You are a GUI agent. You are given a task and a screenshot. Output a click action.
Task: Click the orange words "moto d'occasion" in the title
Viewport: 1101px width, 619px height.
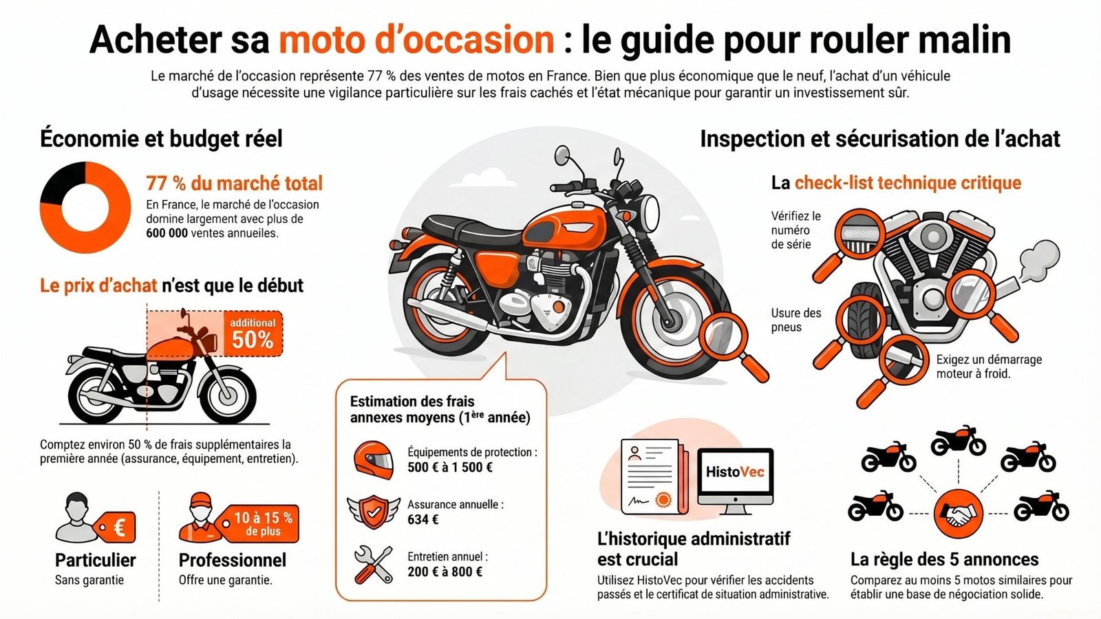pyautogui.click(x=416, y=40)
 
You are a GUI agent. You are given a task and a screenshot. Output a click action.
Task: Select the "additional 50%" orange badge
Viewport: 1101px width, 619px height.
pyautogui.click(x=253, y=334)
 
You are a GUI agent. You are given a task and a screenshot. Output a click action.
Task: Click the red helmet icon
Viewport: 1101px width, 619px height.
pyautogui.click(x=374, y=459)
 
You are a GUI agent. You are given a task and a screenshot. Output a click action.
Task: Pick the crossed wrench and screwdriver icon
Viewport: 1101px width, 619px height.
pyautogui.click(x=373, y=565)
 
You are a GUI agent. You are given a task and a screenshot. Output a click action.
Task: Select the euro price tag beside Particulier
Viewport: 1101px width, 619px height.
pyautogui.click(x=116, y=528)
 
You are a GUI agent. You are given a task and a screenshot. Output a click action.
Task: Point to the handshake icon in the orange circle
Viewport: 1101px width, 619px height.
pyautogui.click(x=959, y=513)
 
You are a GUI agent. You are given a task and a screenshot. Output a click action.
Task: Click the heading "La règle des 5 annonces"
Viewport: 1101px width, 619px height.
pyautogui.click(x=944, y=559)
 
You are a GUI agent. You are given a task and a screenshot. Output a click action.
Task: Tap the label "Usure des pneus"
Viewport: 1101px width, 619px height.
pyautogui.click(x=795, y=320)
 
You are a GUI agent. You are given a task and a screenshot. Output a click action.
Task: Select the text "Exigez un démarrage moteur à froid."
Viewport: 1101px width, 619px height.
pyautogui.click(x=988, y=367)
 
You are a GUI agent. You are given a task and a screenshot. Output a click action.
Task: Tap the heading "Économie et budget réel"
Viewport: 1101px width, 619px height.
pyautogui.click(x=161, y=139)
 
